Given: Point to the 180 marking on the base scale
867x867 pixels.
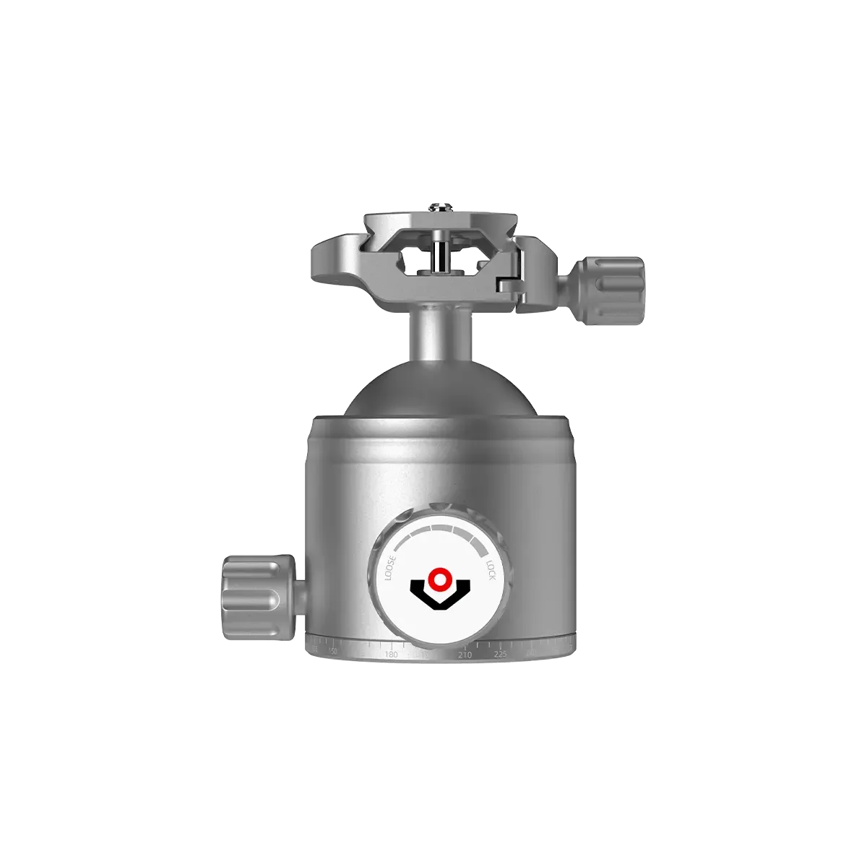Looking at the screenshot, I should [391, 655].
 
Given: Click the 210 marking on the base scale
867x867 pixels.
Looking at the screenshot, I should [465, 655].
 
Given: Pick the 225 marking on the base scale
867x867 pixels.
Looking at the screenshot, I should [500, 655].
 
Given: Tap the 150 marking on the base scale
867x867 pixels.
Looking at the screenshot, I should [332, 652].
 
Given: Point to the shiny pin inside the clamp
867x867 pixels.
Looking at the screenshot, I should [436, 256].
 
